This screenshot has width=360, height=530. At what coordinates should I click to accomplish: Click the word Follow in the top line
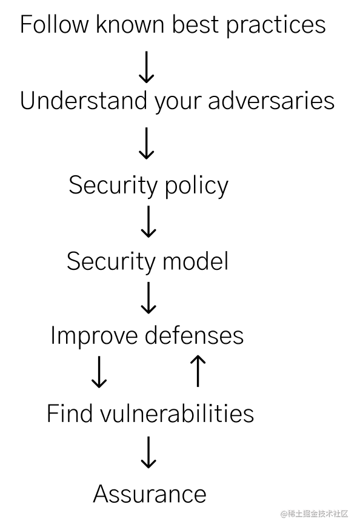click(x=54, y=24)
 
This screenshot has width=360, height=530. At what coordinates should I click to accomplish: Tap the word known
click(x=131, y=24)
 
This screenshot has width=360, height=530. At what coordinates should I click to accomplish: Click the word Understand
click(x=84, y=101)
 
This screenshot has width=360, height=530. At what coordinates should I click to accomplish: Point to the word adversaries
click(x=271, y=101)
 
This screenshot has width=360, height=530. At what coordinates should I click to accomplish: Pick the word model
click(x=196, y=261)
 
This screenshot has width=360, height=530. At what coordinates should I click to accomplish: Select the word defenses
click(x=194, y=335)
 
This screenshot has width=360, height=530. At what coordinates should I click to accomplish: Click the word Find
click(x=70, y=413)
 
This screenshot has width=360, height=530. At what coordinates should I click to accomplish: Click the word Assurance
click(x=150, y=494)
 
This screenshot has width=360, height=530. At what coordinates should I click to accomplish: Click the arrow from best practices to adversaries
click(x=147, y=67)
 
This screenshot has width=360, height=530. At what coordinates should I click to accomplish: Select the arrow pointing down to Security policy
click(x=147, y=143)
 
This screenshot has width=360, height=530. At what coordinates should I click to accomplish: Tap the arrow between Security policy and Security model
click(x=148, y=221)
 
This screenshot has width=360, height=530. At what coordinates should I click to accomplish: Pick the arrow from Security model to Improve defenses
click(x=148, y=298)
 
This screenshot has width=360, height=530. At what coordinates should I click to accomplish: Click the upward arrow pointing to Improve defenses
click(x=198, y=371)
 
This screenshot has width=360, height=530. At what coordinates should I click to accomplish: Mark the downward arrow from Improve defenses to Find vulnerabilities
click(x=99, y=372)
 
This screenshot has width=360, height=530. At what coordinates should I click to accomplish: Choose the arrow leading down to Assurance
click(x=148, y=452)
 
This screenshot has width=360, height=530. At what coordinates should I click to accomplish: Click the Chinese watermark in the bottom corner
click(x=315, y=514)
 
